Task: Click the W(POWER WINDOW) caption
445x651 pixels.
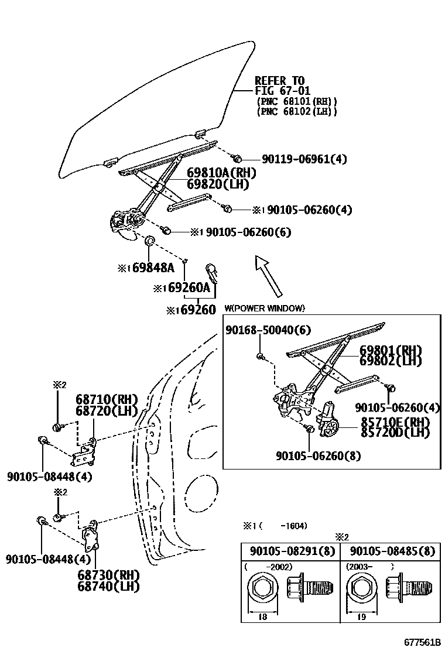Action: tap(265, 309)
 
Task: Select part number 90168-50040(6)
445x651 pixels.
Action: tap(268, 331)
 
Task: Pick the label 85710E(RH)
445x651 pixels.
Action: tap(395, 422)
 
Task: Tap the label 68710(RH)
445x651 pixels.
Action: tap(106, 399)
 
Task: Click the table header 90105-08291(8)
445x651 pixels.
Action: tap(290, 551)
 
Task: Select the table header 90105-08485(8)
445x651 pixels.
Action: tap(391, 551)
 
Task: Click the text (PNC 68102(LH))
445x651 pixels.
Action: tap(297, 111)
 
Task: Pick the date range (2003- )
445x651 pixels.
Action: tap(369, 567)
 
